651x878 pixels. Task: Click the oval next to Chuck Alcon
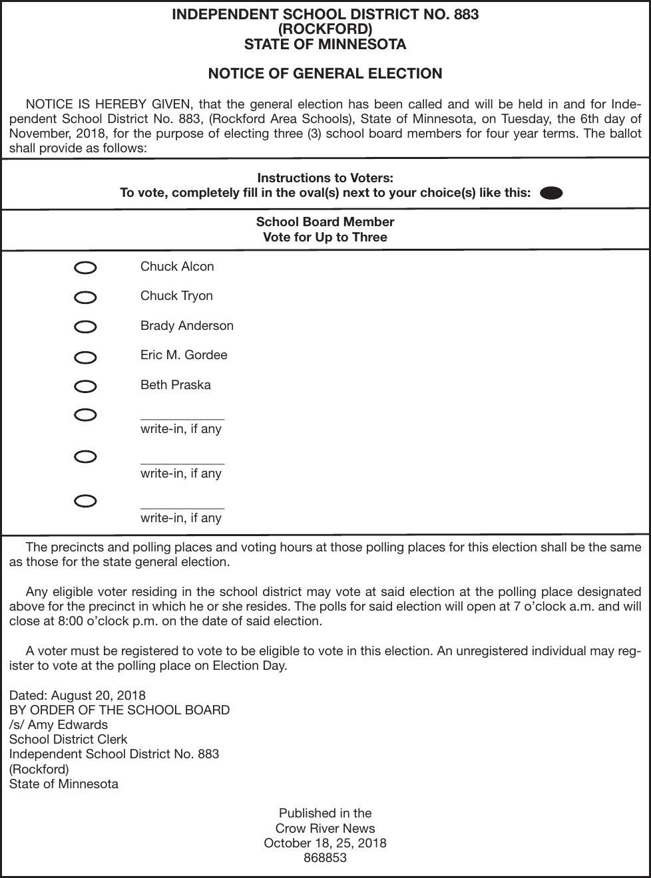[x=85, y=268]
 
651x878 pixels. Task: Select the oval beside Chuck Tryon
[x=85, y=297]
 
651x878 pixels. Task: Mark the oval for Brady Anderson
[x=85, y=327]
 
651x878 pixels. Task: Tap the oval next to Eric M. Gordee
[x=85, y=357]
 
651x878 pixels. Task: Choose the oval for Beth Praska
[x=85, y=386]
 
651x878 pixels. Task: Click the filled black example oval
[x=551, y=193]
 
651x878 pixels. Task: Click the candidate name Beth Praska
[x=175, y=384]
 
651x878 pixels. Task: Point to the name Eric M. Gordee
[x=184, y=355]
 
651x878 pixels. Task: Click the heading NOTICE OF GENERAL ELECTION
[x=325, y=74]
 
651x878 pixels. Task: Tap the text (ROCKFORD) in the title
[x=325, y=29]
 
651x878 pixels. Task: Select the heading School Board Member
[x=325, y=222]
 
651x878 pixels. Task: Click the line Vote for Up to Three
[x=325, y=237]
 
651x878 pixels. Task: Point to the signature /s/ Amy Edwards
[x=59, y=724]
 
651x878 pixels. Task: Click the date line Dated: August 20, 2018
[x=77, y=695]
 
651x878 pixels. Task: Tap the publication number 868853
[x=325, y=857]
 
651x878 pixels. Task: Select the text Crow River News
[x=325, y=828]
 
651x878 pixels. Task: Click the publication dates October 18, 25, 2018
[x=325, y=843]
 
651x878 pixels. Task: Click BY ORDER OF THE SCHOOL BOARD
[x=120, y=710]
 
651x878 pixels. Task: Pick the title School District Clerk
[x=69, y=739]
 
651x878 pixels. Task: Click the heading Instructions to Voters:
[x=325, y=178]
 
